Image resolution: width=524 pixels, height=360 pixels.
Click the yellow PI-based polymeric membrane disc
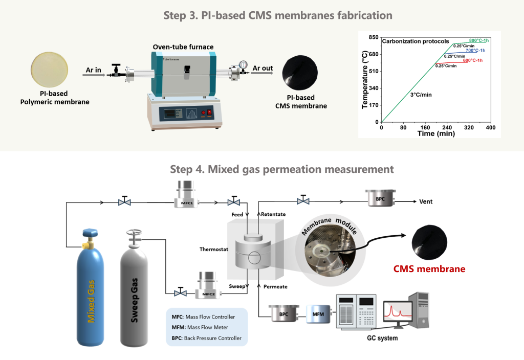pos(50,70)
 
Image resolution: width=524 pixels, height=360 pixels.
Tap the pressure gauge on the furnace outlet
pos(243,64)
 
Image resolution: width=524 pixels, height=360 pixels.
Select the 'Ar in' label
pos(93,70)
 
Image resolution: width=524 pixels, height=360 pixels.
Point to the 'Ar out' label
pos(263,68)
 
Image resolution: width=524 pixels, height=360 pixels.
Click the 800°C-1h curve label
pos(478,40)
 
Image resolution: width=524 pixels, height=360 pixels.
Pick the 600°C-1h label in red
pos(472,60)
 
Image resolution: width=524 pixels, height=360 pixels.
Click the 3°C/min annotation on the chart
pos(421,95)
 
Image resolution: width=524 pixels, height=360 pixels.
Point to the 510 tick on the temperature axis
pos(374,71)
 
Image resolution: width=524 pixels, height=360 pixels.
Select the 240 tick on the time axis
pos(447,127)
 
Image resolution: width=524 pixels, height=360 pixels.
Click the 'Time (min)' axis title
pos(436,133)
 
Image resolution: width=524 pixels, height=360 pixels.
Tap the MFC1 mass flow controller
pos(186,194)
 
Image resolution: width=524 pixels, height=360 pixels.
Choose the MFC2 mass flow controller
pos(208,285)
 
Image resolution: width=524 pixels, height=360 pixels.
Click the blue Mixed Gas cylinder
pos(90,288)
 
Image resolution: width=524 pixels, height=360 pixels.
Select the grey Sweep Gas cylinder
pos(134,288)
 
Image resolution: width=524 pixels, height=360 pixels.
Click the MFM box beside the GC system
pos(318,314)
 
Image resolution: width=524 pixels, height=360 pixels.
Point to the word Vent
pos(426,201)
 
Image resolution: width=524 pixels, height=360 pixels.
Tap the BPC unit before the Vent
pos(380,198)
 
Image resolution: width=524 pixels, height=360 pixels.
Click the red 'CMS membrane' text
pos(429,269)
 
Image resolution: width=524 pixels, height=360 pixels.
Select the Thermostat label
pos(214,249)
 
